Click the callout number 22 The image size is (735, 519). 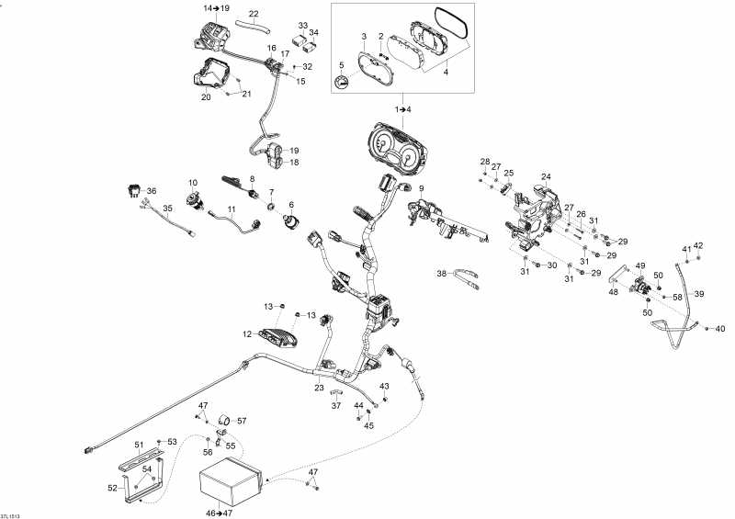[254, 14]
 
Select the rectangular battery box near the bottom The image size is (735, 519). [232, 484]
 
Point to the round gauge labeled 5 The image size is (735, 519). [342, 84]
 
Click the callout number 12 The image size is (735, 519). [247, 333]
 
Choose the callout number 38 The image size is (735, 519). [441, 274]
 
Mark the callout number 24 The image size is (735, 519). [546, 176]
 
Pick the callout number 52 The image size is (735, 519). [112, 489]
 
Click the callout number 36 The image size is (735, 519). [152, 191]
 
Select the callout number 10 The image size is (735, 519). [194, 182]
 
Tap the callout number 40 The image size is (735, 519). [720, 329]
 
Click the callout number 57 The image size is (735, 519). [243, 421]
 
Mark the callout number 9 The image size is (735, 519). [421, 188]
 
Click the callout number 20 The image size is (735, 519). [206, 96]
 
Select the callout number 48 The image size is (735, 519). [613, 293]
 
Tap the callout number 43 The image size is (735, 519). [385, 386]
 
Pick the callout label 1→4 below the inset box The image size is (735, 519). [403, 109]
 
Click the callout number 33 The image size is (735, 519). [303, 25]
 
